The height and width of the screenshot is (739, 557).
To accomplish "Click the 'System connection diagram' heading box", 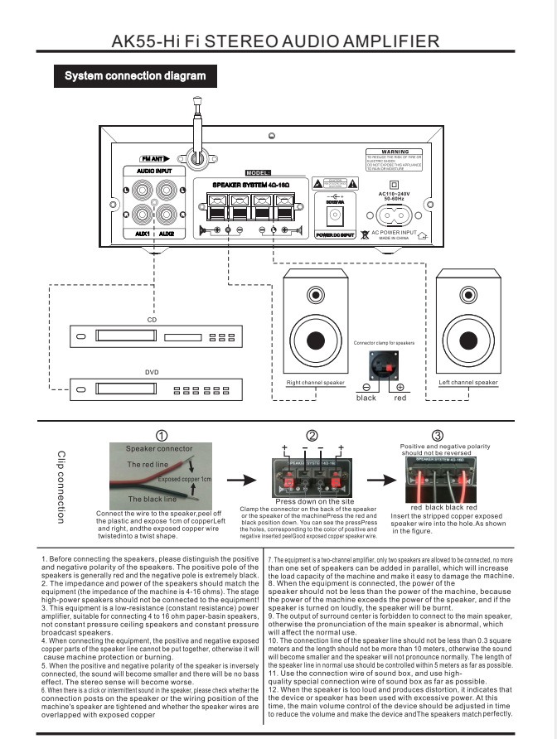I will (x=135, y=76).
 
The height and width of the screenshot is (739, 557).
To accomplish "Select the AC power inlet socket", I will (x=394, y=214).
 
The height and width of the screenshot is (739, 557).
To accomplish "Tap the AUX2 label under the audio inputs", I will (x=167, y=234).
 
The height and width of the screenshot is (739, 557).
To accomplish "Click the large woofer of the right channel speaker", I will (x=315, y=340).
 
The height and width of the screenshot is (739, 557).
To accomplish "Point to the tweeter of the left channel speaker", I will (x=468, y=296).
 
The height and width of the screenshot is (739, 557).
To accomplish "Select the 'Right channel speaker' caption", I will (x=315, y=383).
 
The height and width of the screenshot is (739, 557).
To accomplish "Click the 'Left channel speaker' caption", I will (x=468, y=383).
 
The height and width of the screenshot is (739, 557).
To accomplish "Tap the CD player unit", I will (x=152, y=337).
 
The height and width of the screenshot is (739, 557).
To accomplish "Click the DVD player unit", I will (x=152, y=389).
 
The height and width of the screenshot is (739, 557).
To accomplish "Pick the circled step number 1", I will (x=162, y=436).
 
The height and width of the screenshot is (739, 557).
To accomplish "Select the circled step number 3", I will (x=437, y=436).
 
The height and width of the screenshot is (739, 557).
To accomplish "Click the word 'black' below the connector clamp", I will (x=366, y=398).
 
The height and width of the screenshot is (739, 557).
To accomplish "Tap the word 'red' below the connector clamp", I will (x=400, y=398).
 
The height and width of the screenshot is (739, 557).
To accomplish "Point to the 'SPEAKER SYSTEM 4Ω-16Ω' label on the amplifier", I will (x=246, y=184).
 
